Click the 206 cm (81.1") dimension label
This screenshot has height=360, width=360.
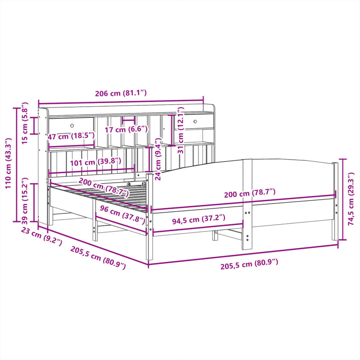121,94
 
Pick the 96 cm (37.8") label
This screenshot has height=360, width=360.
122,215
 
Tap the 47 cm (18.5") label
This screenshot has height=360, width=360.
71,136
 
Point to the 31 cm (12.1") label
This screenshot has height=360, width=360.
180,131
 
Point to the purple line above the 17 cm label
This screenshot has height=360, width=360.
129,120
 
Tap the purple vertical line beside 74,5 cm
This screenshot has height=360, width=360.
343,199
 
